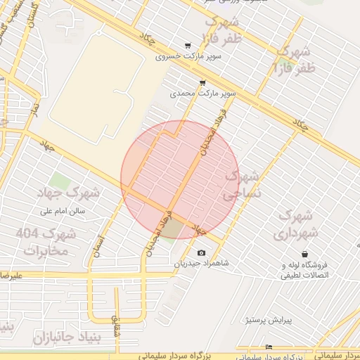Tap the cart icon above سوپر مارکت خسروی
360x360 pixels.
(x=187, y=45)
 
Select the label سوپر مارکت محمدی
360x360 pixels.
(x=203, y=93)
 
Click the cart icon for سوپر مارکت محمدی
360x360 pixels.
(x=202, y=82)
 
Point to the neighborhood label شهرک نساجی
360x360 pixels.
(x=240, y=186)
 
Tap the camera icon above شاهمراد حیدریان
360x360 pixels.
(x=202, y=253)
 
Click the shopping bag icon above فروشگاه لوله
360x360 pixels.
(x=304, y=254)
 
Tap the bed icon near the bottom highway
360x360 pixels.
(x=269, y=347)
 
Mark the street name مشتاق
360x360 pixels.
(x=116, y=323)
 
